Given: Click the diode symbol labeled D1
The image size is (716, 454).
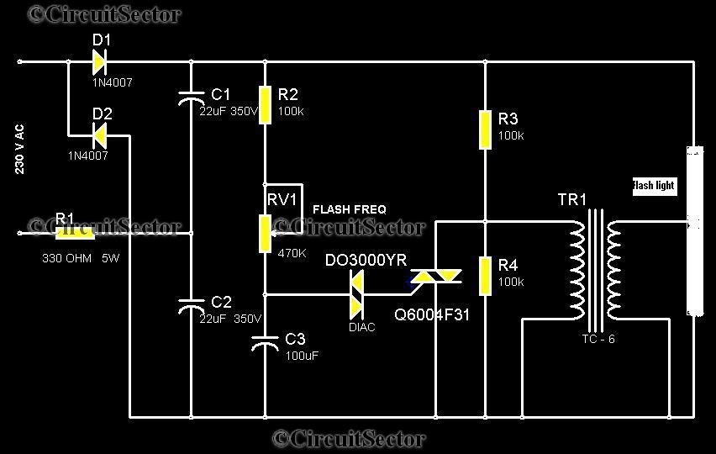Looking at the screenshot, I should point(99,61).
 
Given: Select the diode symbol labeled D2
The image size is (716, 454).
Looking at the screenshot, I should point(99,133).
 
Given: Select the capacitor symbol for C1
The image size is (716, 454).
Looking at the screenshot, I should point(192,98).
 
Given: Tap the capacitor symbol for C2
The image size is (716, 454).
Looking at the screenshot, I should point(192,306).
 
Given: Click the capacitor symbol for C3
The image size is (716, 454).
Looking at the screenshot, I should point(266,342).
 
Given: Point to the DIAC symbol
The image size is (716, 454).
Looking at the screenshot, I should point(356,294).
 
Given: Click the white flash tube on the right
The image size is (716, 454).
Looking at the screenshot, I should point(694,231).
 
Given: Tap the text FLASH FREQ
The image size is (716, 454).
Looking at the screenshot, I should point(350,209).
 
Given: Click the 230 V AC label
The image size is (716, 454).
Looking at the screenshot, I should point(19,150).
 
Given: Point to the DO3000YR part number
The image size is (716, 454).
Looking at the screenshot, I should point(366,261).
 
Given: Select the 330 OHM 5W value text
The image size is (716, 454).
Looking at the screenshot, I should point(81,258).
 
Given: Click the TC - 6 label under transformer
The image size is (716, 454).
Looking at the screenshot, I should point(598,339).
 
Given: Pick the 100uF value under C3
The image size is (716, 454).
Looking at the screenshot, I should point(302,356).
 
